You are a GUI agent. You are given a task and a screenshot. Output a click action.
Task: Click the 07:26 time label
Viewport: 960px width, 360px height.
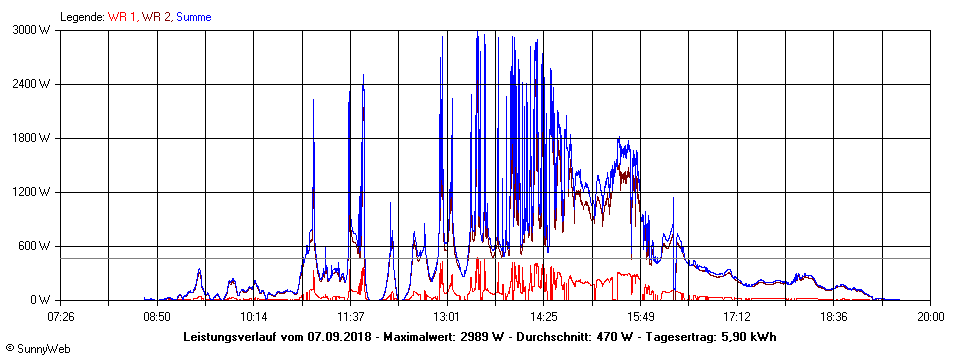click(61, 316)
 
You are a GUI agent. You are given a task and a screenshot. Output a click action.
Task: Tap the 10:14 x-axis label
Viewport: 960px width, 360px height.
click(253, 316)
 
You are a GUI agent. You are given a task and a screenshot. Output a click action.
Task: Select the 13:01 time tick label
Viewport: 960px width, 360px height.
click(447, 316)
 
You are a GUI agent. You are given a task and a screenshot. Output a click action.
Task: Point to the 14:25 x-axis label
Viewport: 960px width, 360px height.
click(543, 316)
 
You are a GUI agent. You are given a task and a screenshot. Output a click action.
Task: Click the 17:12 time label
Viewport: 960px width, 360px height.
click(737, 316)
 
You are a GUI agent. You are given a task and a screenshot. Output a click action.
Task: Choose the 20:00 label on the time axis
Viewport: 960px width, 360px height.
click(930, 316)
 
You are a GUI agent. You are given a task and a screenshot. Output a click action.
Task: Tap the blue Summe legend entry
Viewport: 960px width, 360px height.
click(194, 17)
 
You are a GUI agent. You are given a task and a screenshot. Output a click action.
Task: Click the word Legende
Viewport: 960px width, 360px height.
click(82, 17)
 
